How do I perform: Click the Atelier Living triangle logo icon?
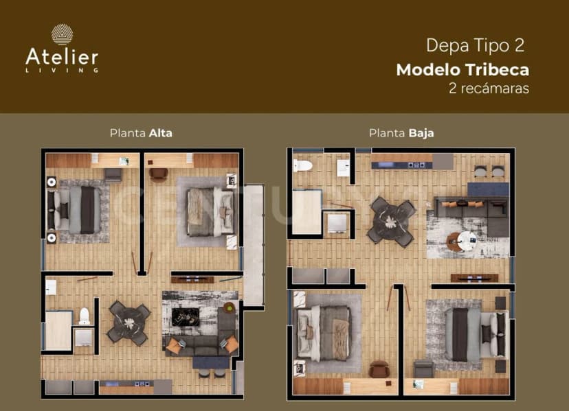click(62, 34)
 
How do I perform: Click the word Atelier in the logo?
click(62, 57)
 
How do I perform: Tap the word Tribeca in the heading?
click(497, 69)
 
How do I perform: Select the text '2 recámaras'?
click(489, 88)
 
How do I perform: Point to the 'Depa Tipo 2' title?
click(476, 46)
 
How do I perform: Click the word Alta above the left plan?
click(161, 133)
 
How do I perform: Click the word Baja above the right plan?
click(421, 133)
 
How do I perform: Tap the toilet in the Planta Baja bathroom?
click(302, 165)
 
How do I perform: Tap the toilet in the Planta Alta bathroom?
click(85, 316)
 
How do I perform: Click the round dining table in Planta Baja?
click(391, 222)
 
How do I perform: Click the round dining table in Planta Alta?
click(129, 322)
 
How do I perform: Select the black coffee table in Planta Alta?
click(186, 317)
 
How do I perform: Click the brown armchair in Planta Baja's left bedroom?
click(379, 369)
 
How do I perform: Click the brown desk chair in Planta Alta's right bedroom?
click(159, 174)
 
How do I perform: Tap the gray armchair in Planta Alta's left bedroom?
click(113, 175)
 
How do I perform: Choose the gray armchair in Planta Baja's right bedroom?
click(423, 369)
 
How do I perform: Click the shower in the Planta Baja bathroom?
click(307, 212)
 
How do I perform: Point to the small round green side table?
click(230, 307)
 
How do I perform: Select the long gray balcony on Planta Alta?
click(254, 246)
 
